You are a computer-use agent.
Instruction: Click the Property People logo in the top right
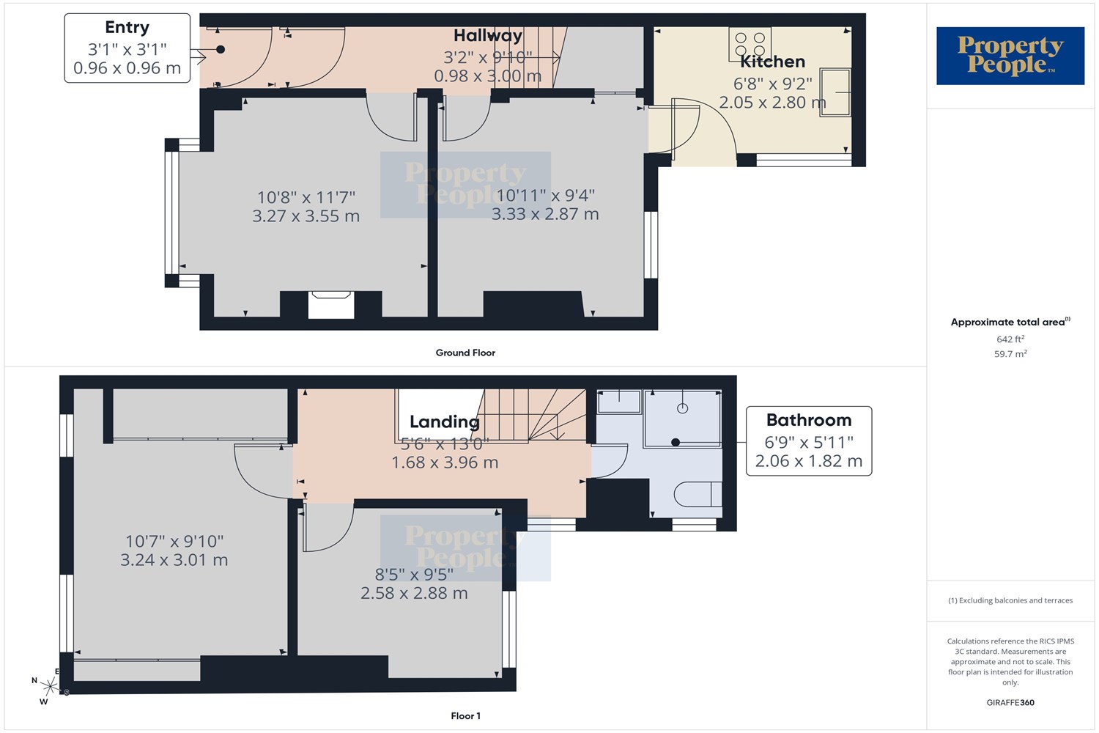point(1010,56)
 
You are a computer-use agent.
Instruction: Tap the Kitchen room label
point(772,62)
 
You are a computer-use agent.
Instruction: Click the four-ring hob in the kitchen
point(750,44)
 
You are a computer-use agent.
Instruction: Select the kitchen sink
point(835,92)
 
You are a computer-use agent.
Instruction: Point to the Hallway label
point(488,35)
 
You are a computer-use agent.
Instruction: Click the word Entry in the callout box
point(127,28)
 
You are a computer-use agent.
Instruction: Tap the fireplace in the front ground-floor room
point(331,305)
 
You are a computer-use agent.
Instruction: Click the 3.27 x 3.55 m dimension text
point(306,216)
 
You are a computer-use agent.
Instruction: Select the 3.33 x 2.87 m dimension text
point(545,214)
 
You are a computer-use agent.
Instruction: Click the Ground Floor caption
point(465,353)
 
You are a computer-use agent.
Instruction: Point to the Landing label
point(445,421)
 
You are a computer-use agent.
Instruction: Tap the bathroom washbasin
point(619,402)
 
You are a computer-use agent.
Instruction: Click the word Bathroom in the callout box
point(809,420)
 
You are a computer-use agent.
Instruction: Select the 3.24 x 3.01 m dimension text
point(174,560)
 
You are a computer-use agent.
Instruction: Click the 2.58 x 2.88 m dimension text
point(414,593)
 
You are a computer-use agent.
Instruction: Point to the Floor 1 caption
point(465,716)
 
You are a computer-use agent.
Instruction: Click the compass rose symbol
point(50,686)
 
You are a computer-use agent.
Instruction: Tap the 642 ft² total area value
point(1010,339)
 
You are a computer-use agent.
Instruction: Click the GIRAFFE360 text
point(1010,702)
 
